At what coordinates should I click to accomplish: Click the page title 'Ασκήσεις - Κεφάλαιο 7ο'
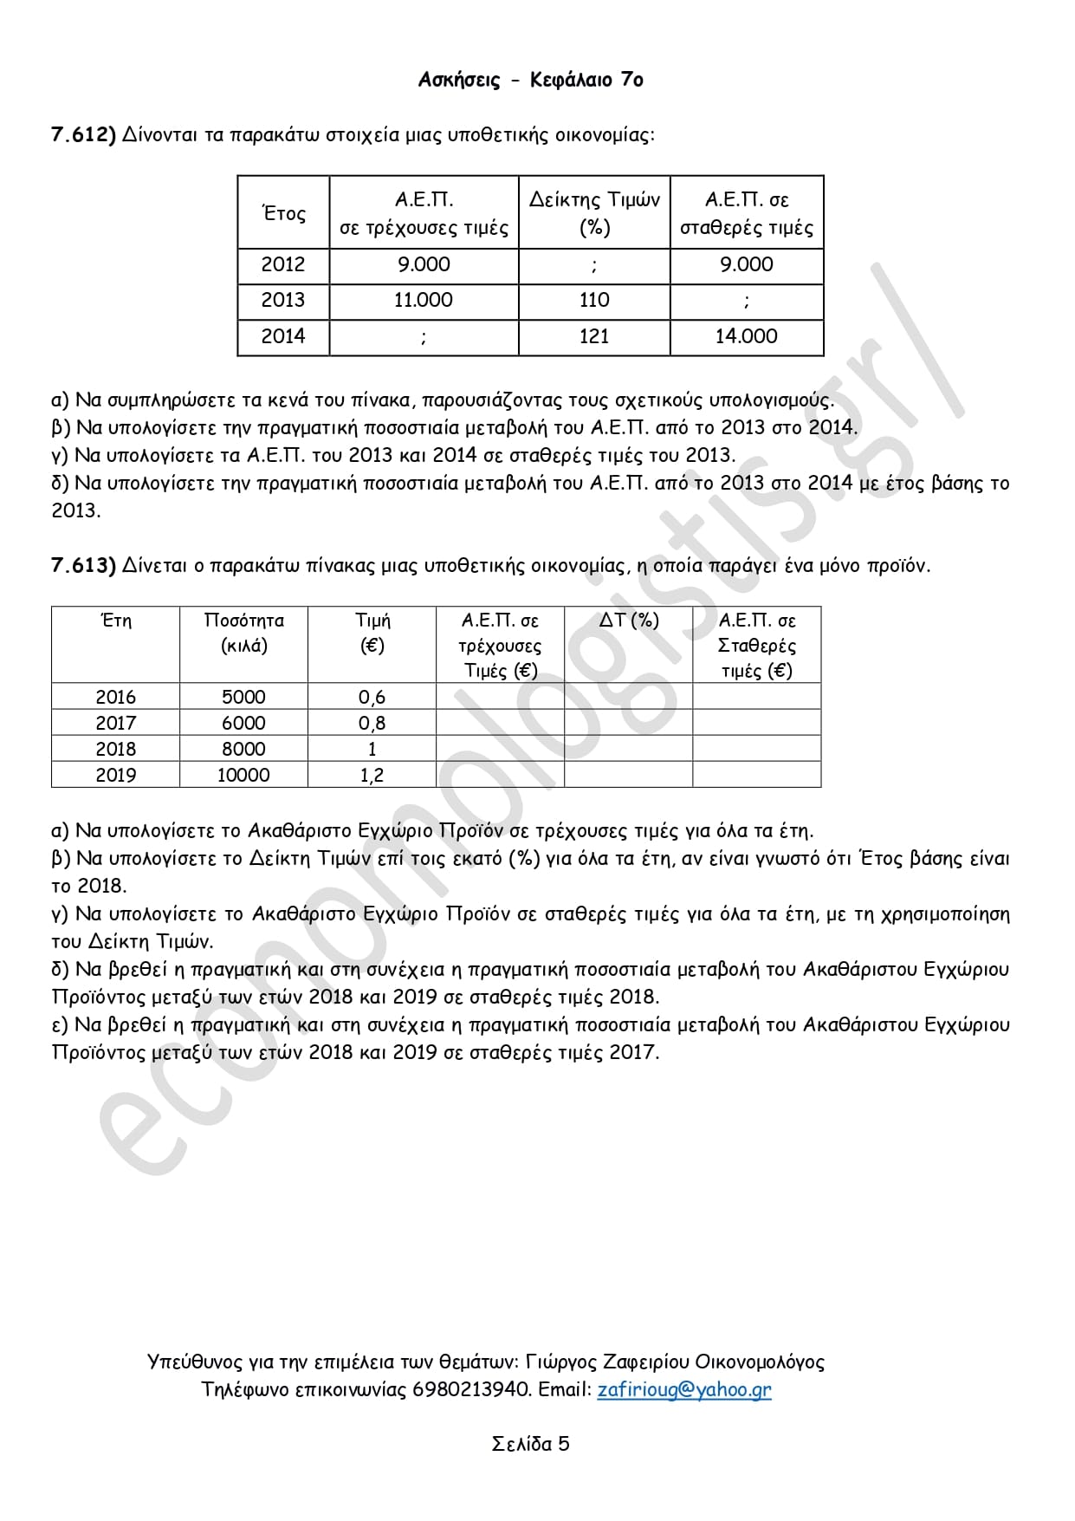(x=530, y=80)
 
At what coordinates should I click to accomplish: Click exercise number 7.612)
(x=83, y=135)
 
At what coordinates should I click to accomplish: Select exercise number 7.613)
(x=83, y=566)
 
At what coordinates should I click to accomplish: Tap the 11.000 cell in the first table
(x=423, y=300)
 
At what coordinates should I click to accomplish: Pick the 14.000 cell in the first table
(x=746, y=336)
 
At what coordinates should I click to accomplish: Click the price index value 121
(x=594, y=336)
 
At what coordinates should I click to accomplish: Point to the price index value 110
(x=594, y=300)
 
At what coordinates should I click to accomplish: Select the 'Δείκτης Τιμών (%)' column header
(x=594, y=213)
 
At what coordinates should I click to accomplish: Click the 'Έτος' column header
(x=283, y=213)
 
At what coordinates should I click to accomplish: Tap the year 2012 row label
(x=283, y=264)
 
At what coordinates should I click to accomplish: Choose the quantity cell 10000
(x=243, y=775)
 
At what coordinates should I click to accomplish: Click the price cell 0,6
(x=372, y=697)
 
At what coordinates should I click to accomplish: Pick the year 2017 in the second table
(x=115, y=723)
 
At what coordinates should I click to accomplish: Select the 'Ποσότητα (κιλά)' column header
(x=243, y=633)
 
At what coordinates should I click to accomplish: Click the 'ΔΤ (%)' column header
(x=629, y=621)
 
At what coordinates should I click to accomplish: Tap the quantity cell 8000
(x=243, y=749)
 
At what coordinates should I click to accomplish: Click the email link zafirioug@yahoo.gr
(x=683, y=1389)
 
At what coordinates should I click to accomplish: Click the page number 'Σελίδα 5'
(x=530, y=1444)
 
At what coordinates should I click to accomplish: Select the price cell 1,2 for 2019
(x=372, y=775)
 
